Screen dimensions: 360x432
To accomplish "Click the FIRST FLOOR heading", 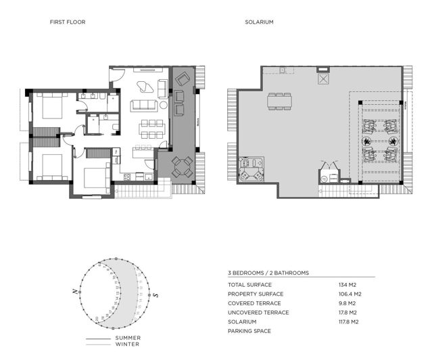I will tap(68, 22).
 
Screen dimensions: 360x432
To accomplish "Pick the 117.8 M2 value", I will tap(350, 321).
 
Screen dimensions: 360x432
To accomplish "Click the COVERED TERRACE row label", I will tap(257, 303).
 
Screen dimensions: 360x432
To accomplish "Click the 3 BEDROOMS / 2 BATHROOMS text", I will tap(268, 273).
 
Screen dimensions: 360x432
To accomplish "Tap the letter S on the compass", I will tap(155, 295).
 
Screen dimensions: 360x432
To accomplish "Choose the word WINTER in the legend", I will tap(128, 344).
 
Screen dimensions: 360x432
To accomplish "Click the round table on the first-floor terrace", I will tap(181, 166).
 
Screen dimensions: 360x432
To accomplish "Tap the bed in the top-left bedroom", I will tap(49, 106).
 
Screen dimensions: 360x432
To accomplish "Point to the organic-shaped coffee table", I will tap(144, 87).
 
